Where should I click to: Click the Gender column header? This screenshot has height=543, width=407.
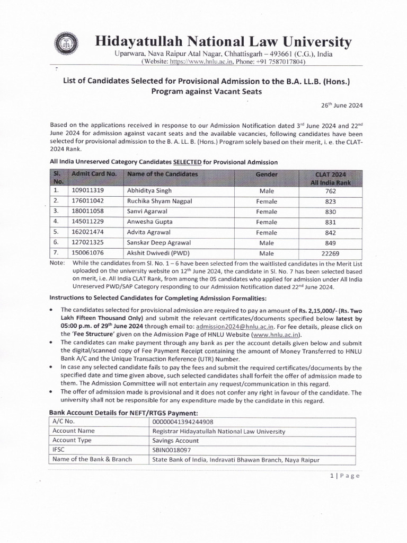267,174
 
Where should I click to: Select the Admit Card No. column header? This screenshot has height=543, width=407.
94,174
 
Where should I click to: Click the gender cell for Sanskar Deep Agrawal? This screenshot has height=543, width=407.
267,243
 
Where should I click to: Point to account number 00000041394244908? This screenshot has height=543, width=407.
184,421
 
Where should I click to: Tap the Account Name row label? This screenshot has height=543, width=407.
74,431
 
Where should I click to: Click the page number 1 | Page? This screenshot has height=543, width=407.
344,476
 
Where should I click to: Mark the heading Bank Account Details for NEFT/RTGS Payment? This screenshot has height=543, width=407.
124,412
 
